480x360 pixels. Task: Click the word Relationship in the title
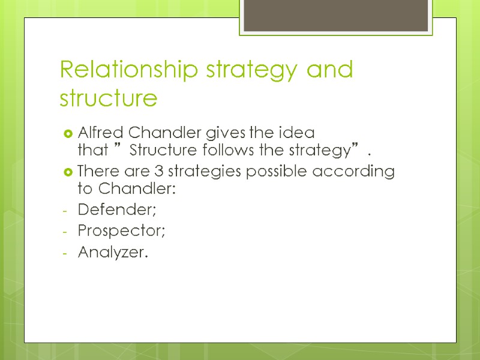tap(130, 71)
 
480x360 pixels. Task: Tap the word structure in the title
tap(109, 98)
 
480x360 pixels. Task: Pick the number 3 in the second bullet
tap(148, 172)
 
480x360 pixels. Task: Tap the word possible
tap(259, 172)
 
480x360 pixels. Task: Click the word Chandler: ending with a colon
tap(136, 188)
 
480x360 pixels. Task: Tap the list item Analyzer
tap(112, 253)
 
